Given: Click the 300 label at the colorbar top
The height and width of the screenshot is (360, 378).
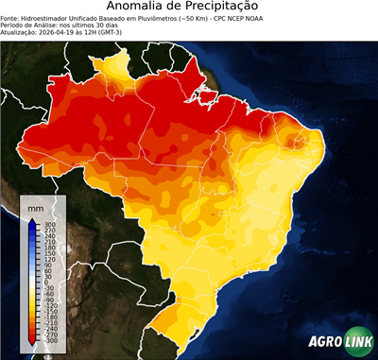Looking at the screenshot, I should (x=49, y=224).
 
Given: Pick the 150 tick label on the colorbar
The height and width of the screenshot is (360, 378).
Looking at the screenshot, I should (x=49, y=253).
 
